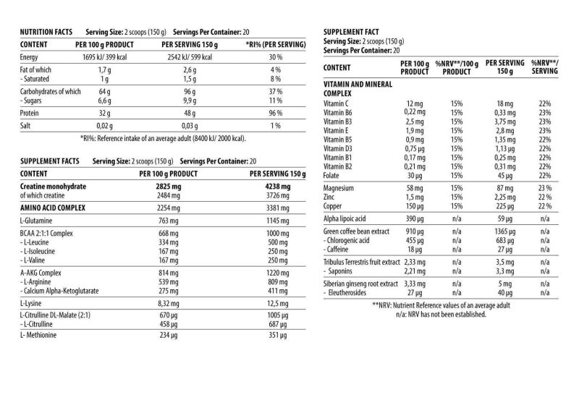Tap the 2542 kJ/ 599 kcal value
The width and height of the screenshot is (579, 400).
pos(187,56)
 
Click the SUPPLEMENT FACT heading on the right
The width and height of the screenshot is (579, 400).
pos(355,33)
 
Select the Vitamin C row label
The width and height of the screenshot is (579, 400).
pos(339,104)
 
